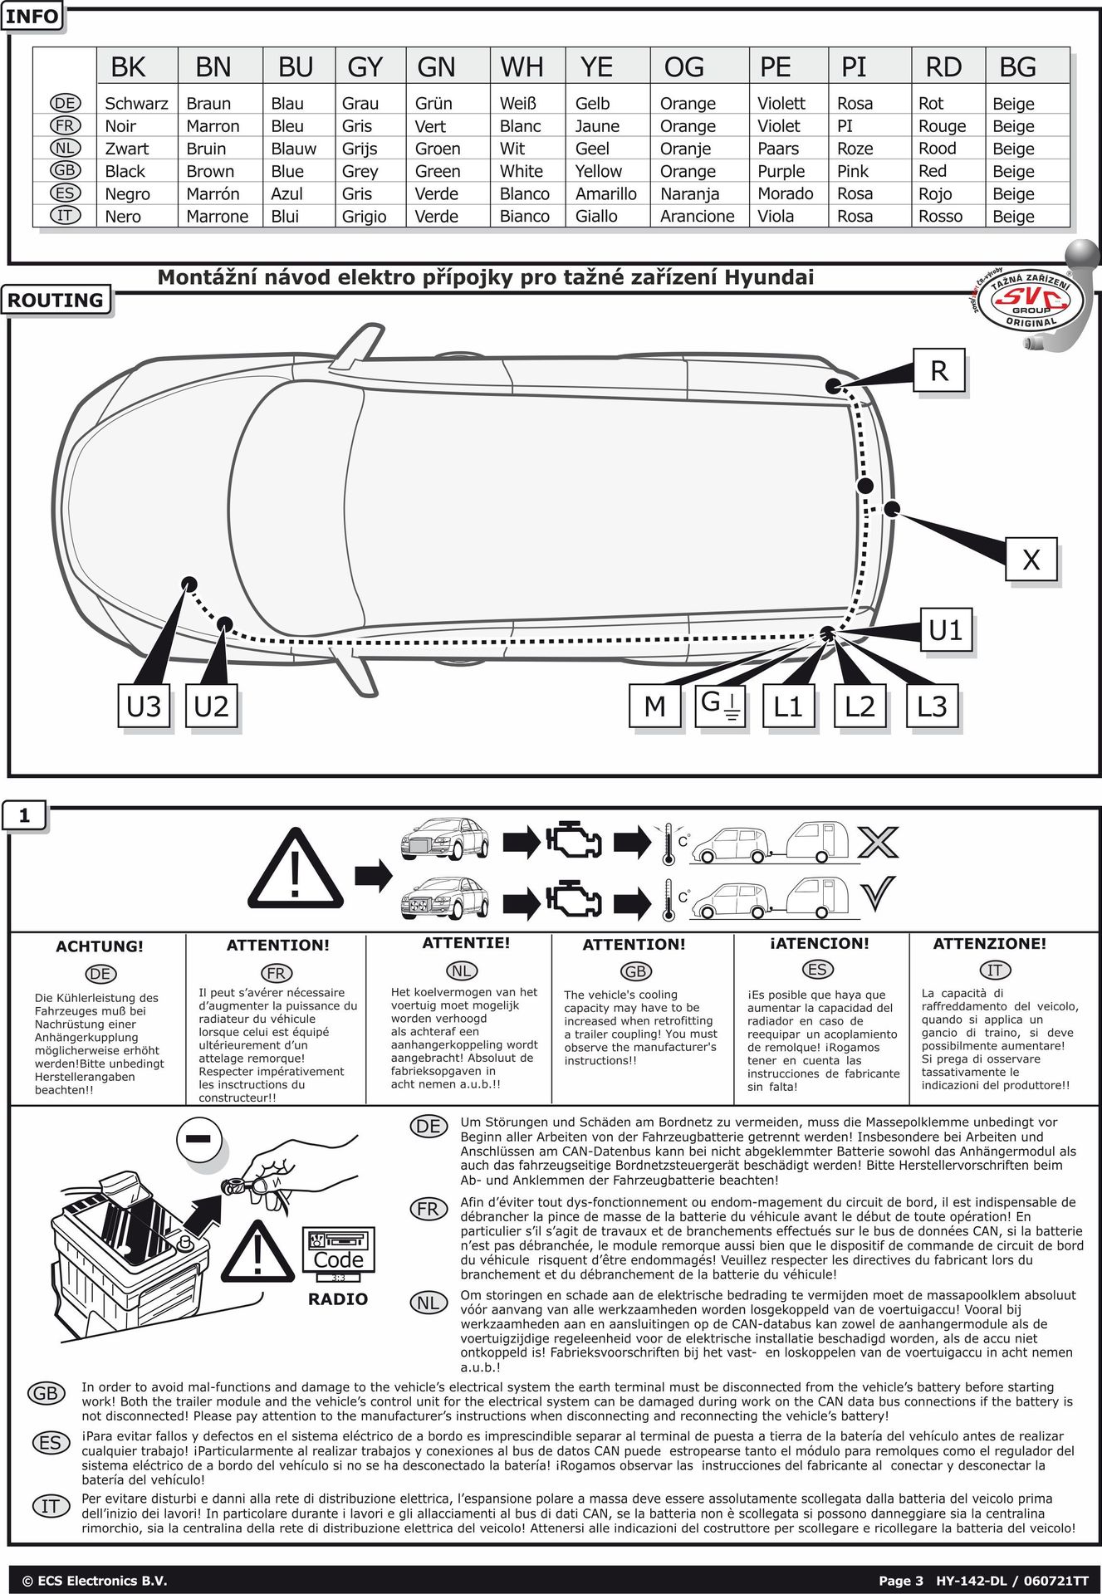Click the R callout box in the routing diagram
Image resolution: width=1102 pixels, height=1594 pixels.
939,370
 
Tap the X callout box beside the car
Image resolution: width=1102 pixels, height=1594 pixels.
1031,560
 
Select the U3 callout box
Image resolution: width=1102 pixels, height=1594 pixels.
144,707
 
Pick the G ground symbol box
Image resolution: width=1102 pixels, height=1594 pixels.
720,705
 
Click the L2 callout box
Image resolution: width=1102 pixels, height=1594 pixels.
860,707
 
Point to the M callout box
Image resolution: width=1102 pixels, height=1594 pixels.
655,707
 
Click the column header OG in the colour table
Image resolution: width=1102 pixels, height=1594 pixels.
683,67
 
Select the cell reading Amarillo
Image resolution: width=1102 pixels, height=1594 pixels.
606,194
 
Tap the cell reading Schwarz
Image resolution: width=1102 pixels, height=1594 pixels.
136,104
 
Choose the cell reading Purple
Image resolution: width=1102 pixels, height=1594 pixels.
781,172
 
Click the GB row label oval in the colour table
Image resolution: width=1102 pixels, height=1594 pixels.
65,170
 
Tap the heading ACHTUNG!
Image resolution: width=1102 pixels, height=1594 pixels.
100,946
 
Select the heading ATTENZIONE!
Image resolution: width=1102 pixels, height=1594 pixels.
990,944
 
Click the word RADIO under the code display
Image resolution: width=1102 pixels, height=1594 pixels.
338,1299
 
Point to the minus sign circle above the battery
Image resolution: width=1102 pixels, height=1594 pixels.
199,1140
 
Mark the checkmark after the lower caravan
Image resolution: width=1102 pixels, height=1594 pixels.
877,894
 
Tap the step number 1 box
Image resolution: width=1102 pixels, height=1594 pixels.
24,816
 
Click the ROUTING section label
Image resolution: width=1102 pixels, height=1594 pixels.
56,301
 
